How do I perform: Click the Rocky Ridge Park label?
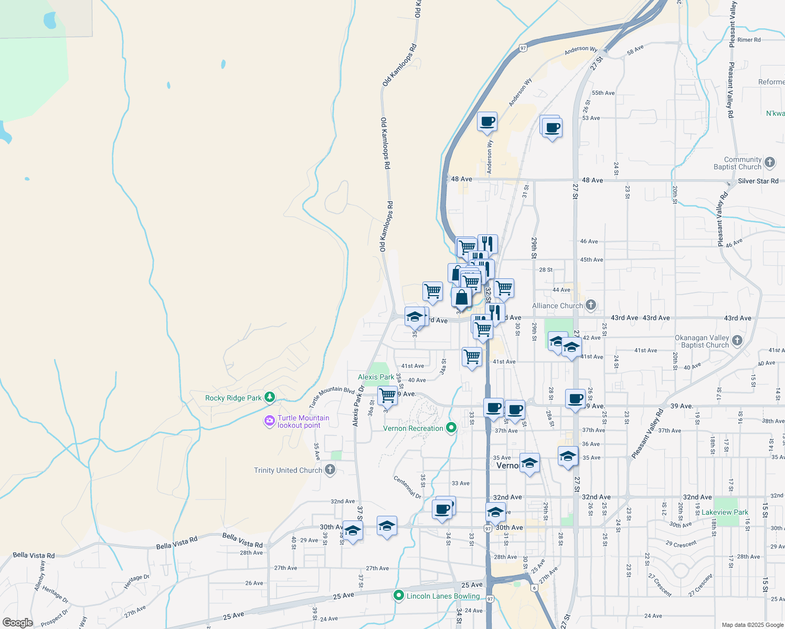click(233, 398)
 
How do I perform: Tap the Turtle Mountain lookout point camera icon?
click(270, 420)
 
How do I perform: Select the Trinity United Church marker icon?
click(330, 469)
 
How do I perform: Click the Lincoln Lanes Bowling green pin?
click(399, 595)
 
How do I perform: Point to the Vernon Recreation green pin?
click(451, 428)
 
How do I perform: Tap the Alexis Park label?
click(376, 377)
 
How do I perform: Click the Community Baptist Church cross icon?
click(770, 162)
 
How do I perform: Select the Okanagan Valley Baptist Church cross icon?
click(737, 341)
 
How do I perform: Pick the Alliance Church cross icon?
click(591, 305)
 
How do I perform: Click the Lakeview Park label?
click(725, 512)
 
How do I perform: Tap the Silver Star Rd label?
click(758, 181)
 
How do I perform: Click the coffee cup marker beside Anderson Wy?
click(487, 122)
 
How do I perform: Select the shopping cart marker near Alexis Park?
click(387, 395)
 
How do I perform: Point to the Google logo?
click(17, 622)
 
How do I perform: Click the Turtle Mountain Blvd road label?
click(332, 396)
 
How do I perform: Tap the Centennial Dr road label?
click(408, 487)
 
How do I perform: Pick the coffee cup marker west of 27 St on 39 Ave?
click(576, 399)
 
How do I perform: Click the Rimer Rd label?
click(749, 40)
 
